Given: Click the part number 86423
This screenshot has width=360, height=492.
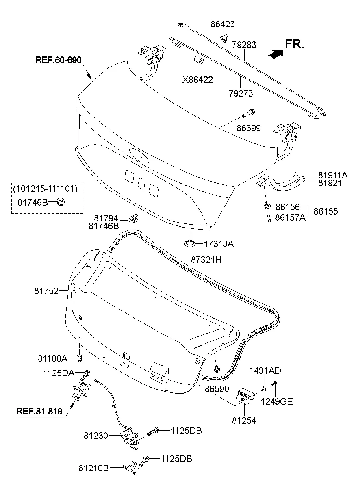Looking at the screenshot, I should (x=222, y=24).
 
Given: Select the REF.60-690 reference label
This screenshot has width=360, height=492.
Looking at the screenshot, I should (x=59, y=60).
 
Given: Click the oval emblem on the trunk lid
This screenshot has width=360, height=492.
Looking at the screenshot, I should (x=139, y=155).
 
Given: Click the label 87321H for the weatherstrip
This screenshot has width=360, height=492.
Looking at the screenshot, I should (x=206, y=260).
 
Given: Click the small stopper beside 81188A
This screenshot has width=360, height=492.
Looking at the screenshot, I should (x=80, y=358).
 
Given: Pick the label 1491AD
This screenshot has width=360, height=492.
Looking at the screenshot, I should (x=265, y=371).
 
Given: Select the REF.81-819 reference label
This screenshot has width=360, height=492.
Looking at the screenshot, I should (x=39, y=411).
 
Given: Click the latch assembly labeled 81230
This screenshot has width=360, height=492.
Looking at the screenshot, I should (x=130, y=437).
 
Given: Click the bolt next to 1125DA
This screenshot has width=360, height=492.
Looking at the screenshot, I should (x=87, y=373).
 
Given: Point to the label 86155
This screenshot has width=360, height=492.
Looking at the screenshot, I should (x=326, y=212).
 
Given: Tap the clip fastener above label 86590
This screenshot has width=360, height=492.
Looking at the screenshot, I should (x=216, y=369).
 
